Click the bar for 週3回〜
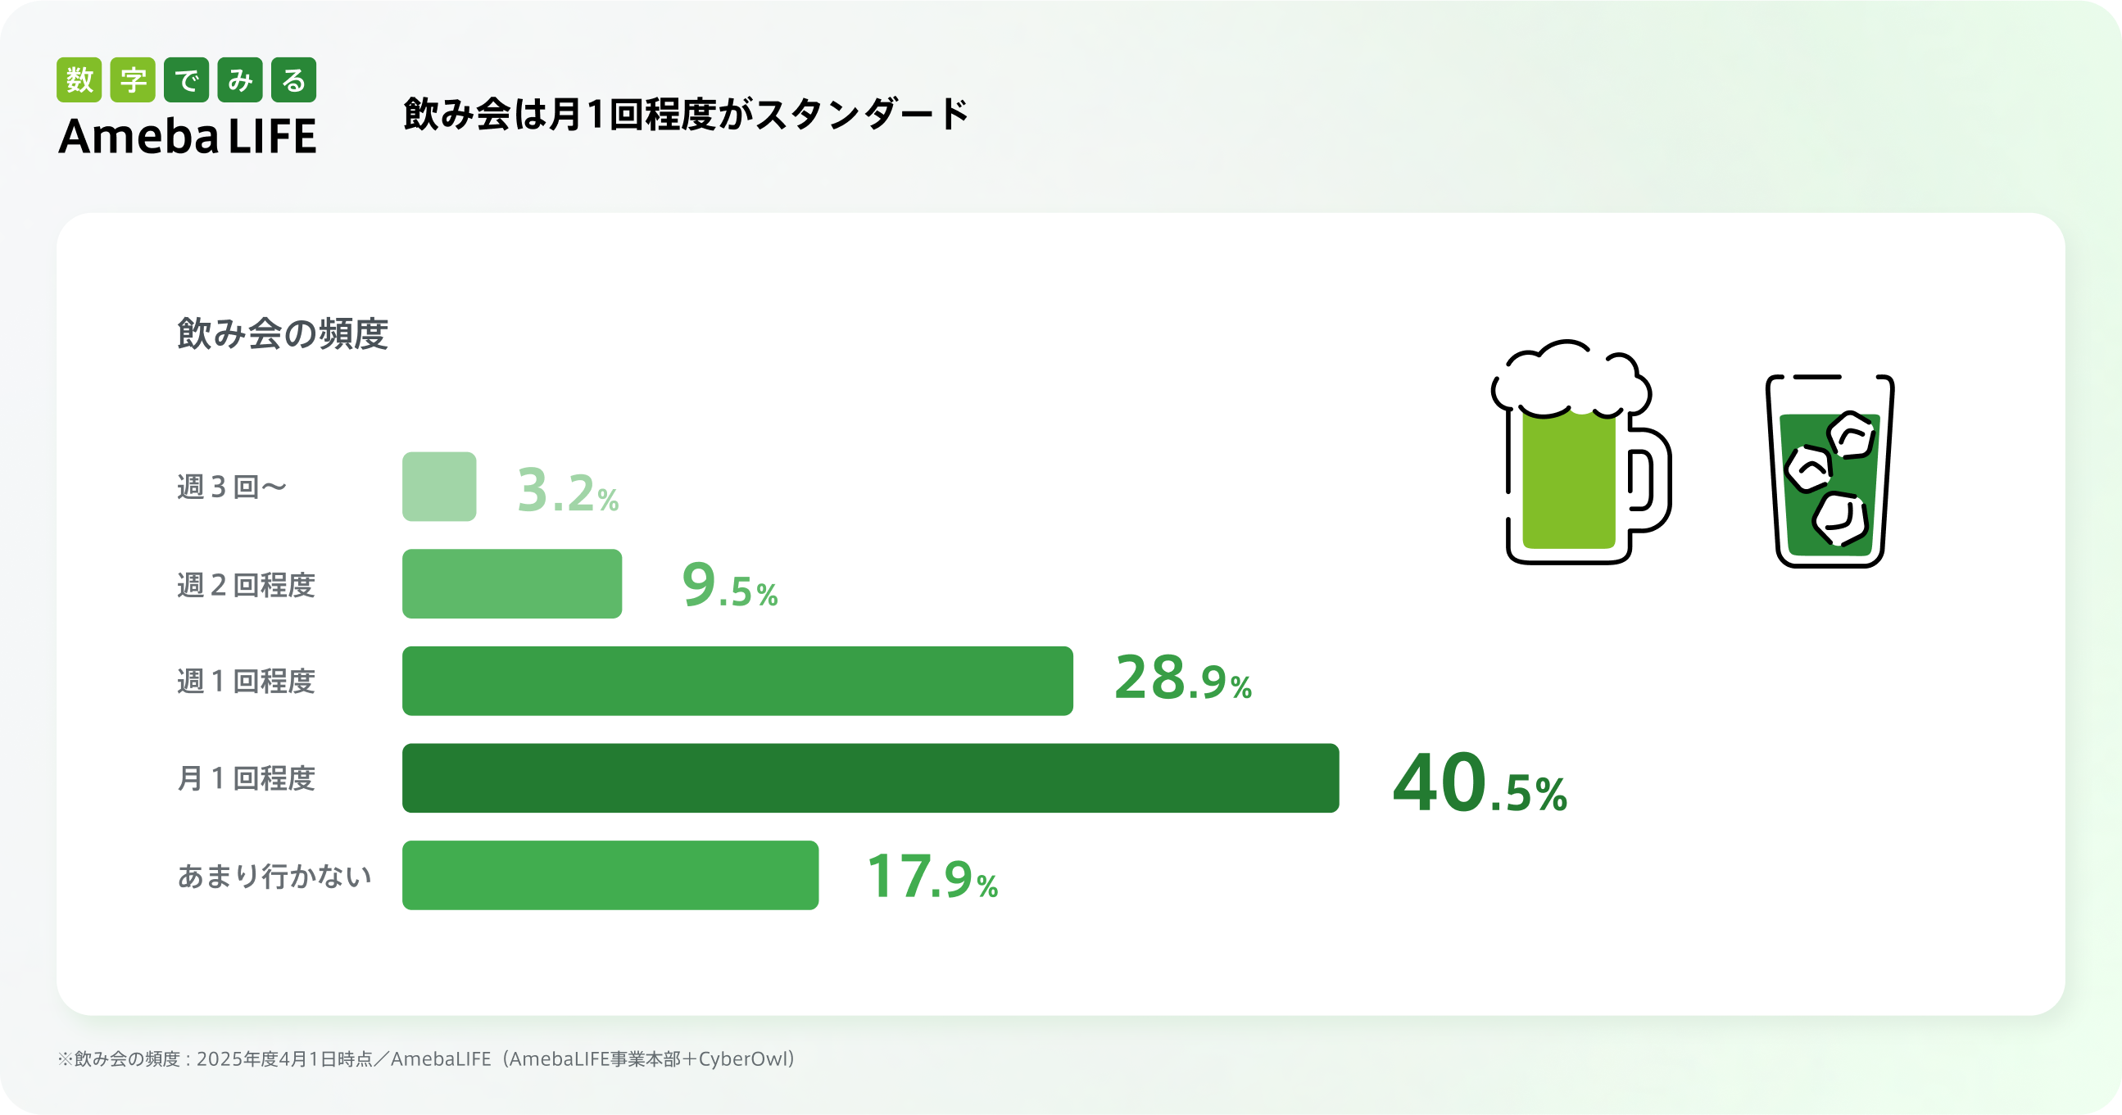(439, 487)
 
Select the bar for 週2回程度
(511, 584)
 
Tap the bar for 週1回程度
(737, 681)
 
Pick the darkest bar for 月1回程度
(870, 778)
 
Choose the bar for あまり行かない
(610, 875)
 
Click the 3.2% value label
(568, 491)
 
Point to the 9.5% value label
(730, 586)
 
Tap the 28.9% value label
(1183, 679)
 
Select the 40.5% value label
(1480, 784)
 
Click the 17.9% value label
(932, 877)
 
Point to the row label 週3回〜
(232, 487)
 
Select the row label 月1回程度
(247, 778)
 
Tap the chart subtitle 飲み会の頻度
(283, 334)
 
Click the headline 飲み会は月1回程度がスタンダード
(687, 114)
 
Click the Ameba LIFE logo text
(188, 137)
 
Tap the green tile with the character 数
(79, 80)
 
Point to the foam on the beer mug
(1569, 378)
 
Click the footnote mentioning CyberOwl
(426, 1059)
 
